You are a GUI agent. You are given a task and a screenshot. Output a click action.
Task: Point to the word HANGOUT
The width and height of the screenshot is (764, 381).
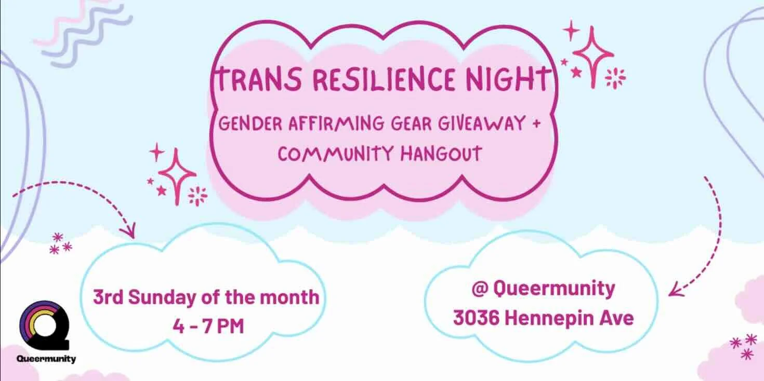tap(439, 154)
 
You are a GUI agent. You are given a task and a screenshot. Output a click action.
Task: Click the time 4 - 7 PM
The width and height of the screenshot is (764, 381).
tap(208, 328)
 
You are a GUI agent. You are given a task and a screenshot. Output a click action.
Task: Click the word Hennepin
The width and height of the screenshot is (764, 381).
tap(551, 317)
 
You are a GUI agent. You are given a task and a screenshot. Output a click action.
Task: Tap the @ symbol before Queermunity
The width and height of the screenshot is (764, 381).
tap(480, 289)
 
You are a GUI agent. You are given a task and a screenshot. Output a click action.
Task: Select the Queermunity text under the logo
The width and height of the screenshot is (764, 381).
tap(46, 359)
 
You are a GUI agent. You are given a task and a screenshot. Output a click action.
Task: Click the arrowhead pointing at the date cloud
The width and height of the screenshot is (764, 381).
tap(129, 231)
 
